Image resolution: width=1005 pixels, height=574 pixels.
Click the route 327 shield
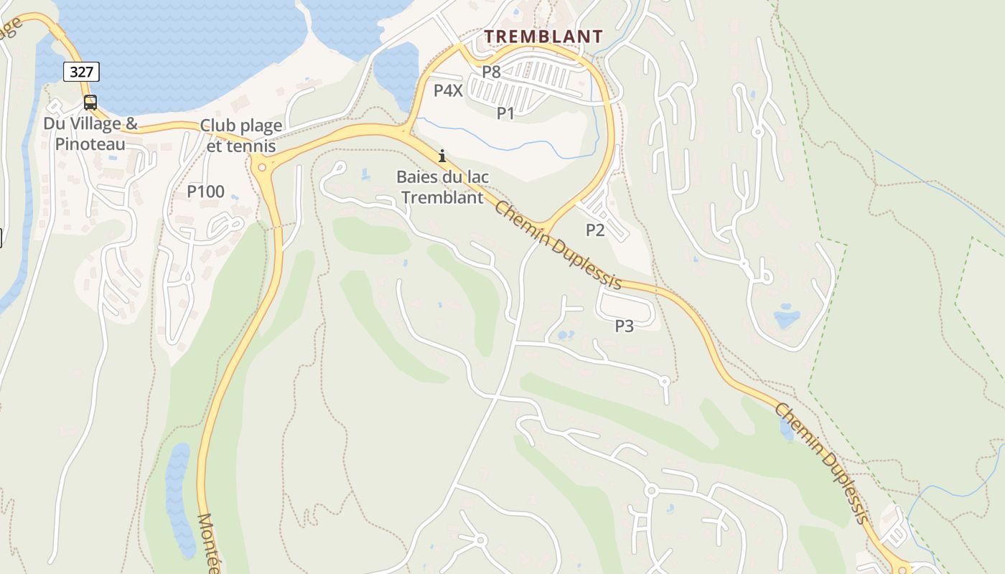pyautogui.click(x=81, y=72)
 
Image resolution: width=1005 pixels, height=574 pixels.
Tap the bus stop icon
pyautogui.click(x=90, y=103)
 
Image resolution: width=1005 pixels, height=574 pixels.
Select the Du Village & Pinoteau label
pyautogui.click(x=90, y=133)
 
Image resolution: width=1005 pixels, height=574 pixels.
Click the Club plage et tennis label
pyautogui.click(x=240, y=136)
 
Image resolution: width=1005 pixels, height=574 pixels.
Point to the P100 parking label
pyautogui.click(x=205, y=192)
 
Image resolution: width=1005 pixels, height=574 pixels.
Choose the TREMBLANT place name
pyautogui.click(x=543, y=36)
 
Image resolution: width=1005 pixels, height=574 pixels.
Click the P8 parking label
pyautogui.click(x=491, y=72)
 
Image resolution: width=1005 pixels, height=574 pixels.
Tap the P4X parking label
pyautogui.click(x=449, y=90)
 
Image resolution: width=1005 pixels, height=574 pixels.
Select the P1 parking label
pyautogui.click(x=506, y=113)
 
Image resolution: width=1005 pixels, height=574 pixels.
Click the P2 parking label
pyautogui.click(x=595, y=230)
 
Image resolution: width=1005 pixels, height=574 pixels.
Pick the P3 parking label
pyautogui.click(x=625, y=326)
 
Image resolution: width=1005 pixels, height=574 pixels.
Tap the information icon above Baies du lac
pyautogui.click(x=442, y=156)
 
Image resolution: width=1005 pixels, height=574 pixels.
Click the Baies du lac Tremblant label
pyautogui.click(x=442, y=187)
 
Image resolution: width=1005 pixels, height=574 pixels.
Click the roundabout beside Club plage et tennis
pyautogui.click(x=261, y=168)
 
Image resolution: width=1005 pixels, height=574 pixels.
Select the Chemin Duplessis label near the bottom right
pyautogui.click(x=823, y=463)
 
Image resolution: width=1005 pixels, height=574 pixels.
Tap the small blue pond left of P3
pyautogui.click(x=563, y=335)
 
